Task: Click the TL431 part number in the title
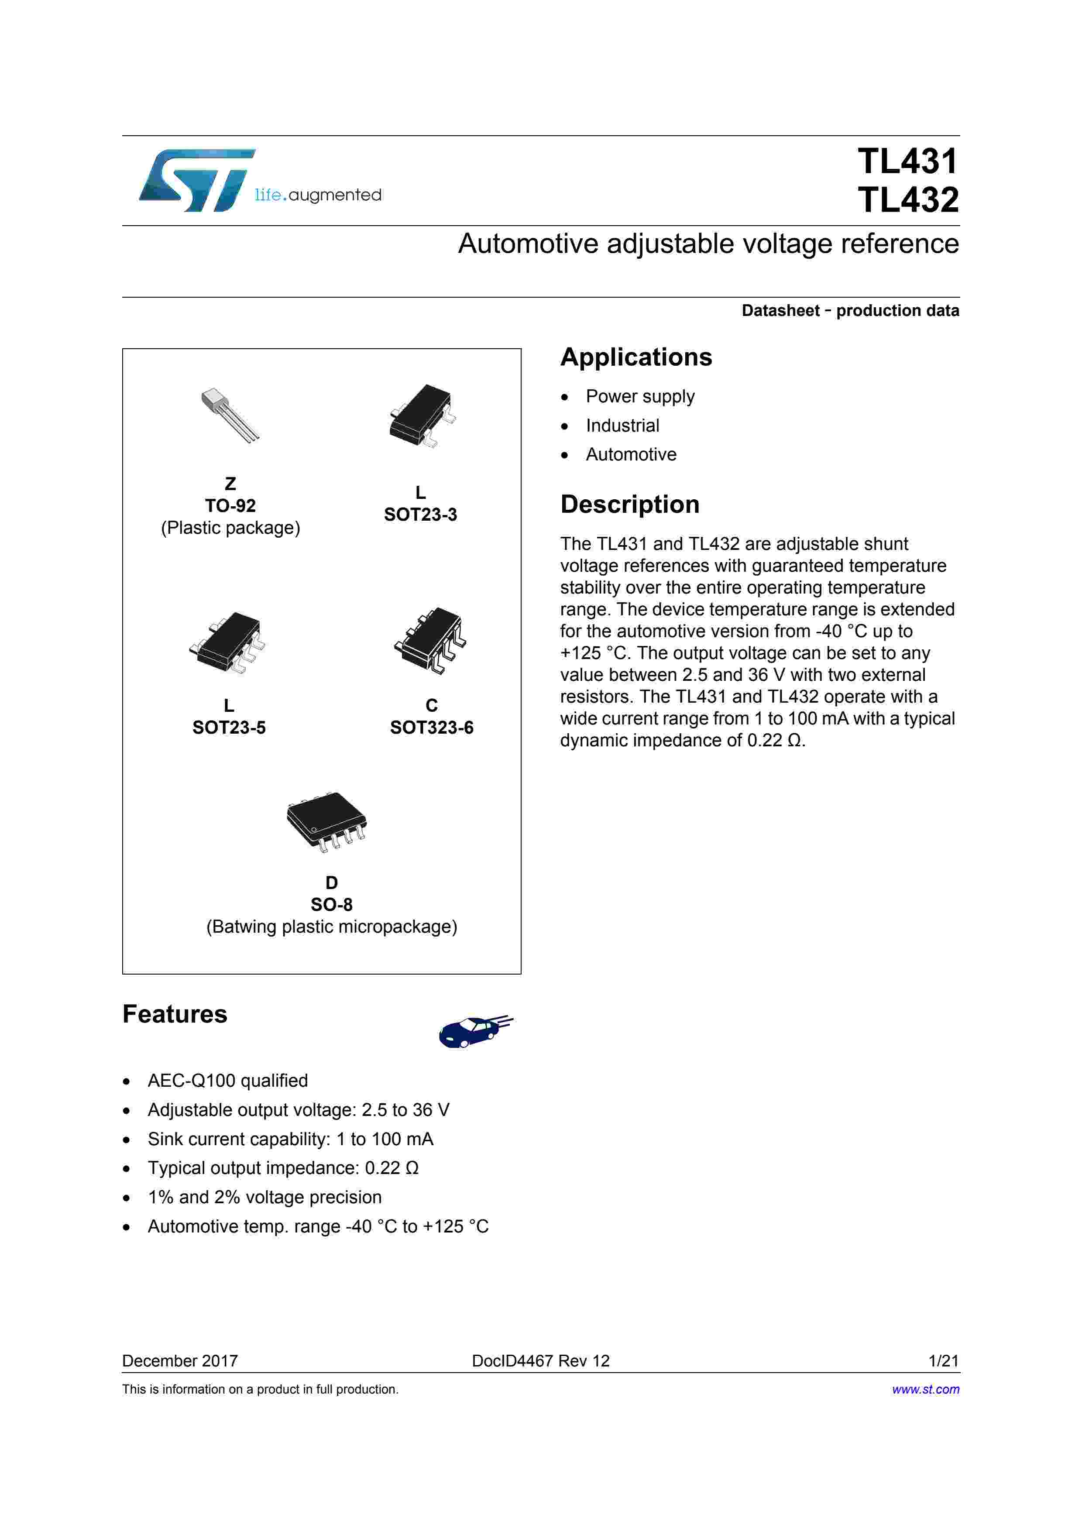pos(907,161)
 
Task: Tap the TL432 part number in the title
pos(907,200)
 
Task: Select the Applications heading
pos(635,357)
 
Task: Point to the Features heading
pos(175,1014)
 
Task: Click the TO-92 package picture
pos(230,415)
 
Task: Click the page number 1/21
pos(943,1361)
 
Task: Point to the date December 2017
pos(180,1361)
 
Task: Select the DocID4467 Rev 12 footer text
pos(541,1361)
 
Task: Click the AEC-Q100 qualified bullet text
pos(227,1081)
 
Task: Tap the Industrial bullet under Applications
pos(622,426)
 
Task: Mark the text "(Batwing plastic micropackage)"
pos(331,927)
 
